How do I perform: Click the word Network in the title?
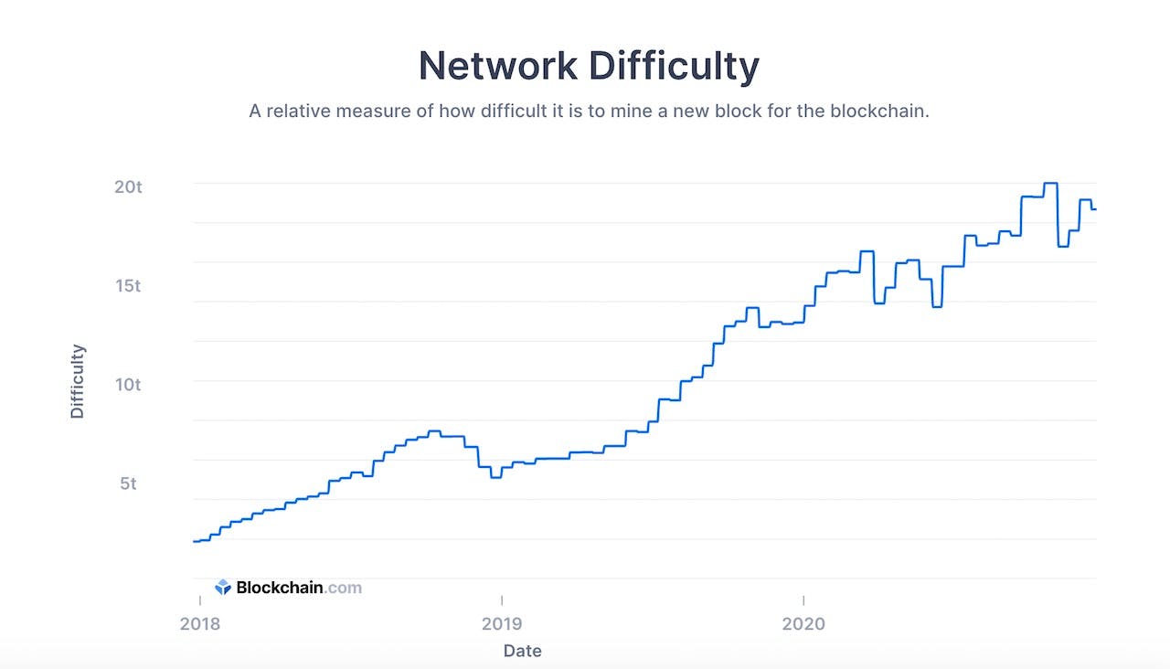click(497, 67)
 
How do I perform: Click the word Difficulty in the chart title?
click(673, 67)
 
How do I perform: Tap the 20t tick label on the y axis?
click(128, 186)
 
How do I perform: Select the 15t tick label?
click(128, 285)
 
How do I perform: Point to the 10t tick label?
click(128, 384)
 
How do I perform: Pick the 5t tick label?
click(128, 483)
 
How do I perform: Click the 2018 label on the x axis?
click(199, 623)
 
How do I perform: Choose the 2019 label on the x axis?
click(501, 623)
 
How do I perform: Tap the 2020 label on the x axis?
click(803, 623)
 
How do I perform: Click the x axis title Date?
click(522, 651)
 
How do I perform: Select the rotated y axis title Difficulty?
click(78, 381)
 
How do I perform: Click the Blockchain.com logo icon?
click(223, 588)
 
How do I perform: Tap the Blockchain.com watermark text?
click(299, 588)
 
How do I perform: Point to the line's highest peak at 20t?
click(1051, 183)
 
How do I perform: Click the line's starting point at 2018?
click(195, 541)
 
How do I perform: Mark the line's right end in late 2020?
click(1094, 209)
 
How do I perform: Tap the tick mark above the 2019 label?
click(501, 600)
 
